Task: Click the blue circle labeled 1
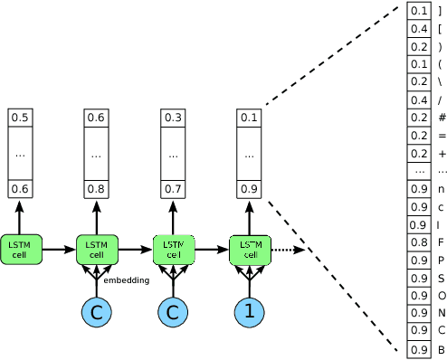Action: (249, 312)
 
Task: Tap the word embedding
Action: (126, 280)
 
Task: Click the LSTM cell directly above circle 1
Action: (250, 249)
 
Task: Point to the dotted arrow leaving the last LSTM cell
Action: (288, 250)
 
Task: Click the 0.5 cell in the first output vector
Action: (20, 118)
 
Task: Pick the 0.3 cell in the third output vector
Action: (173, 118)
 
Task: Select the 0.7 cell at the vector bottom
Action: (173, 188)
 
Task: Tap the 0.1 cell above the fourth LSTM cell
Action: (249, 118)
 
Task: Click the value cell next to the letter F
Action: (419, 242)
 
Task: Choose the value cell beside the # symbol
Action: (419, 118)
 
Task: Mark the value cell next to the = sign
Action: (419, 136)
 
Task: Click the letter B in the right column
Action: (441, 349)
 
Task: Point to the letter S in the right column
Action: (441, 278)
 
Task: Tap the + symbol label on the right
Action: (441, 154)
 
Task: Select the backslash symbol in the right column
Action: (441, 82)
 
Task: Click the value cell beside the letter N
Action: (419, 313)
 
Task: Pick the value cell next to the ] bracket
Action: (419, 11)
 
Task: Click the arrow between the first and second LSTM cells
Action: (58, 250)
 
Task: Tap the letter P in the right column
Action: (441, 261)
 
